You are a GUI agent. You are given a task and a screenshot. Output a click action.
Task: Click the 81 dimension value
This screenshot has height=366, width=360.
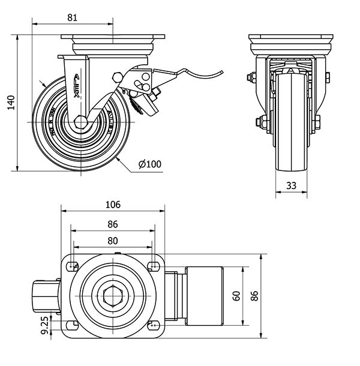pyautogui.click(x=72, y=17)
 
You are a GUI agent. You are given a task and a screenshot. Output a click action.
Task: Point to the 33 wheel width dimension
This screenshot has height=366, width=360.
pyautogui.click(x=291, y=186)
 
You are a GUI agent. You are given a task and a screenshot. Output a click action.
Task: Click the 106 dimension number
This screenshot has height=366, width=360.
pyautogui.click(x=113, y=205)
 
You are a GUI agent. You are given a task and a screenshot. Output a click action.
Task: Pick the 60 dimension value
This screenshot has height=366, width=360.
pyautogui.click(x=236, y=296)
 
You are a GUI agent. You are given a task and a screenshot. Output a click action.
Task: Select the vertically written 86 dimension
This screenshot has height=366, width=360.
pyautogui.click(x=254, y=295)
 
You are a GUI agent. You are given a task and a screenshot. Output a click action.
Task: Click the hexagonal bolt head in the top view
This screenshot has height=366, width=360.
pyautogui.click(x=112, y=295)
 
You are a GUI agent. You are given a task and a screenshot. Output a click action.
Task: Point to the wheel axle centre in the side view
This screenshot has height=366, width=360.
pyautogui.click(x=80, y=122)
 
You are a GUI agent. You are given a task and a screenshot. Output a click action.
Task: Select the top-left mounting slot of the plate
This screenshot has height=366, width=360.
pyautogui.click(x=73, y=266)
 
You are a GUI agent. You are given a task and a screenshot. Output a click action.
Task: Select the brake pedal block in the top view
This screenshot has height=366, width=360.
pyautogui.click(x=205, y=295)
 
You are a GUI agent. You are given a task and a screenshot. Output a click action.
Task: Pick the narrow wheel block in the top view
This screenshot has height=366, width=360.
pyautogui.click(x=43, y=296)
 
